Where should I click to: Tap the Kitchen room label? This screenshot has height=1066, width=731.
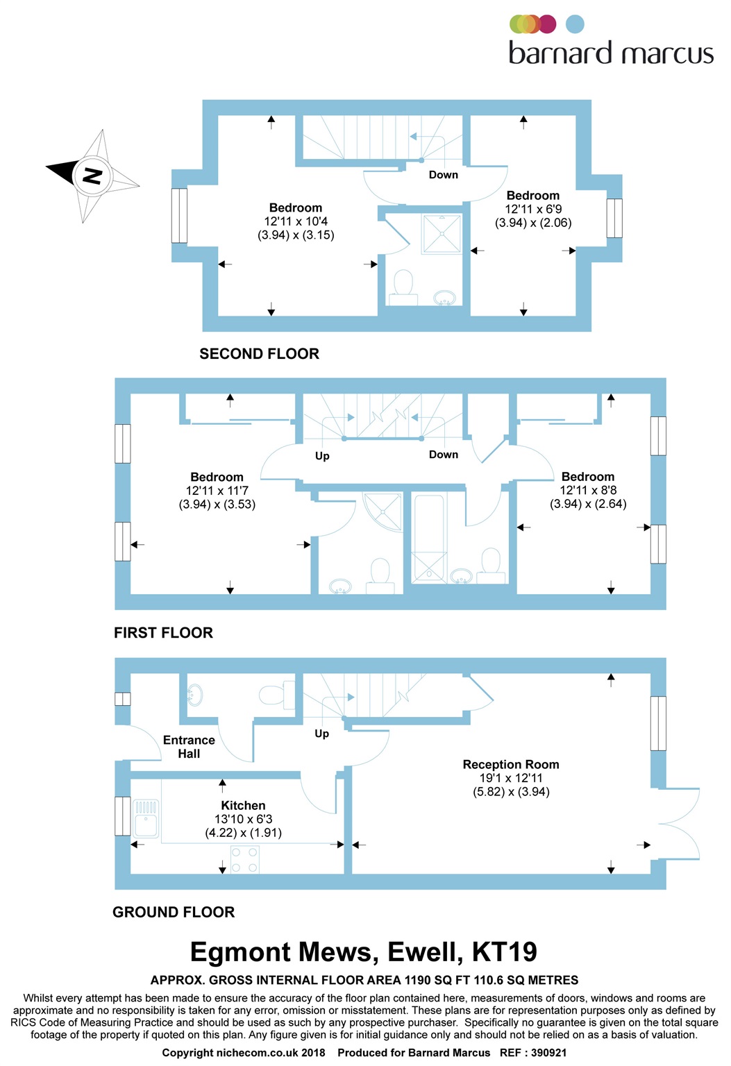point(243,805)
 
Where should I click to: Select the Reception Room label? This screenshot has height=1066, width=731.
point(511,764)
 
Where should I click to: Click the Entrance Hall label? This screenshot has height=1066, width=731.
point(189,747)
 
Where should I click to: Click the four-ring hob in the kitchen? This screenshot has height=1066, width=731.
point(245,859)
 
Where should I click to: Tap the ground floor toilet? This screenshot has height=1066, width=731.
point(277,694)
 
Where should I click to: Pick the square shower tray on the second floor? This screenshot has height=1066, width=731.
point(442,234)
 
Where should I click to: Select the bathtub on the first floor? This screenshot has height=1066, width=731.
point(429,539)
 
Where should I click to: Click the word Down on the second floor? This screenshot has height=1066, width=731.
point(443,175)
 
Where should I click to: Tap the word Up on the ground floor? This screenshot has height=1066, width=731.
point(321,734)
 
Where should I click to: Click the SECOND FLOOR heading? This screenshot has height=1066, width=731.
point(259,353)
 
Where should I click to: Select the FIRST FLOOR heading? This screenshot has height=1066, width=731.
point(163,632)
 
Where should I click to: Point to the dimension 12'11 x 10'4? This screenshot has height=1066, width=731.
point(296,221)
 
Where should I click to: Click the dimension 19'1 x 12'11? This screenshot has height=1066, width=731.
point(511,778)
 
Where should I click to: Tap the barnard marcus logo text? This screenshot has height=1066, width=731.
point(611,53)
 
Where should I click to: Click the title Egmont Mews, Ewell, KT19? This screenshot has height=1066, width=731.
point(364,952)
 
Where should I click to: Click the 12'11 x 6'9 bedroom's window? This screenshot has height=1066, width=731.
point(614,218)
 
